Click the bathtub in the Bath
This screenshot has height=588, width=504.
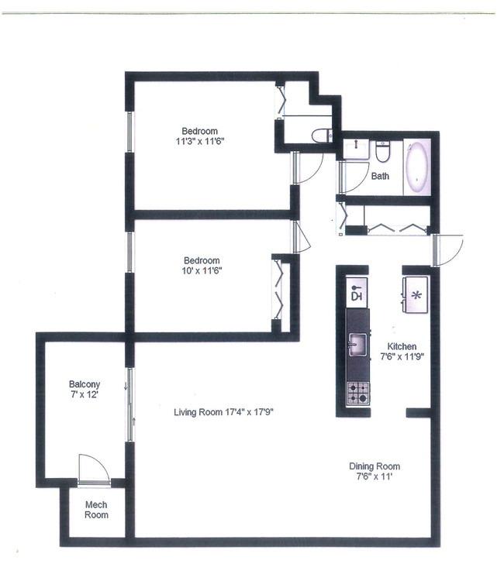coord(417,167)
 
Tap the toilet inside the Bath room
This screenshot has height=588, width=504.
coord(383,152)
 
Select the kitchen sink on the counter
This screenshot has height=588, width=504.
coord(358,343)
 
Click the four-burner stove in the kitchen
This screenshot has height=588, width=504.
coord(358,393)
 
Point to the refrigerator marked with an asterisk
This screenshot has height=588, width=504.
coord(416,294)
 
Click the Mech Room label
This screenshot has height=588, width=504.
coord(96,510)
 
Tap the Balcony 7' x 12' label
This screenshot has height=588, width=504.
coord(85,389)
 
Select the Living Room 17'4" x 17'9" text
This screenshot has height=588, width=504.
coord(223,412)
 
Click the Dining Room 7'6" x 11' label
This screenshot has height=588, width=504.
coord(375,471)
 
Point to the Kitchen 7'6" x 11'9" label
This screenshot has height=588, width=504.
coord(402,352)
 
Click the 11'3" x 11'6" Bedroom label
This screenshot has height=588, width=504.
coord(199,136)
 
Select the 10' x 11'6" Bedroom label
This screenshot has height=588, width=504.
coord(202,265)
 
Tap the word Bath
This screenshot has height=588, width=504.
coord(380,176)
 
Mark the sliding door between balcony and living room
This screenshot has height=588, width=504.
coord(130,404)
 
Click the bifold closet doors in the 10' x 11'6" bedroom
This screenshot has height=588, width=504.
coord(278,289)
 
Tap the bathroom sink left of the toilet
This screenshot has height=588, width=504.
coord(356,149)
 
